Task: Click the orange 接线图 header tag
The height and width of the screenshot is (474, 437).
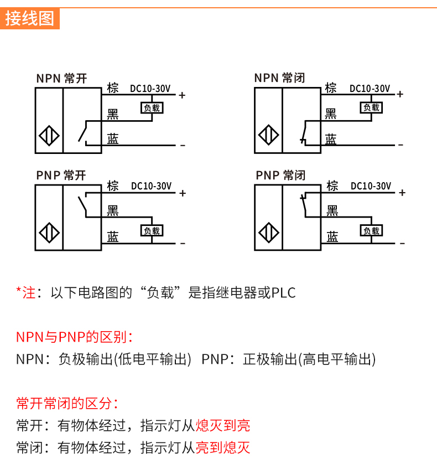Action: (30, 18)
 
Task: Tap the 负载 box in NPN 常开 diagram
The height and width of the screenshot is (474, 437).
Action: (152, 108)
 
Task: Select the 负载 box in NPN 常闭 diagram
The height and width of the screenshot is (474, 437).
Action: (371, 107)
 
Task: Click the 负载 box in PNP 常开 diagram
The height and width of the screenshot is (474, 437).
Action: (152, 231)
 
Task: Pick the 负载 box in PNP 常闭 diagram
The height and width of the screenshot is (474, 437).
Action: (371, 231)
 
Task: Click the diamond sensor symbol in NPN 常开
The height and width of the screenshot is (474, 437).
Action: (48, 136)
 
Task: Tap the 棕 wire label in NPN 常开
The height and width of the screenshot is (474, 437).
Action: (113, 88)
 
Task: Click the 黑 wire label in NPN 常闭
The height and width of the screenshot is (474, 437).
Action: (331, 114)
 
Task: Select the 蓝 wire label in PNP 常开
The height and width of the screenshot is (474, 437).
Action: (113, 237)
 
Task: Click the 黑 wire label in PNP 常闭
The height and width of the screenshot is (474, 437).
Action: (332, 210)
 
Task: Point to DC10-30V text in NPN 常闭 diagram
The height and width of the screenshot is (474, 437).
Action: (370, 89)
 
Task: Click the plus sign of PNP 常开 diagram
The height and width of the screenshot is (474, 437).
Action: (183, 193)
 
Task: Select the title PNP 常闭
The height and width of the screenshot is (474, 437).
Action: (280, 176)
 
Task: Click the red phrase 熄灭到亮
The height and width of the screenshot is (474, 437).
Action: (223, 425)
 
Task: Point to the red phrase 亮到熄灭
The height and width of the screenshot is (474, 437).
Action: (223, 447)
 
